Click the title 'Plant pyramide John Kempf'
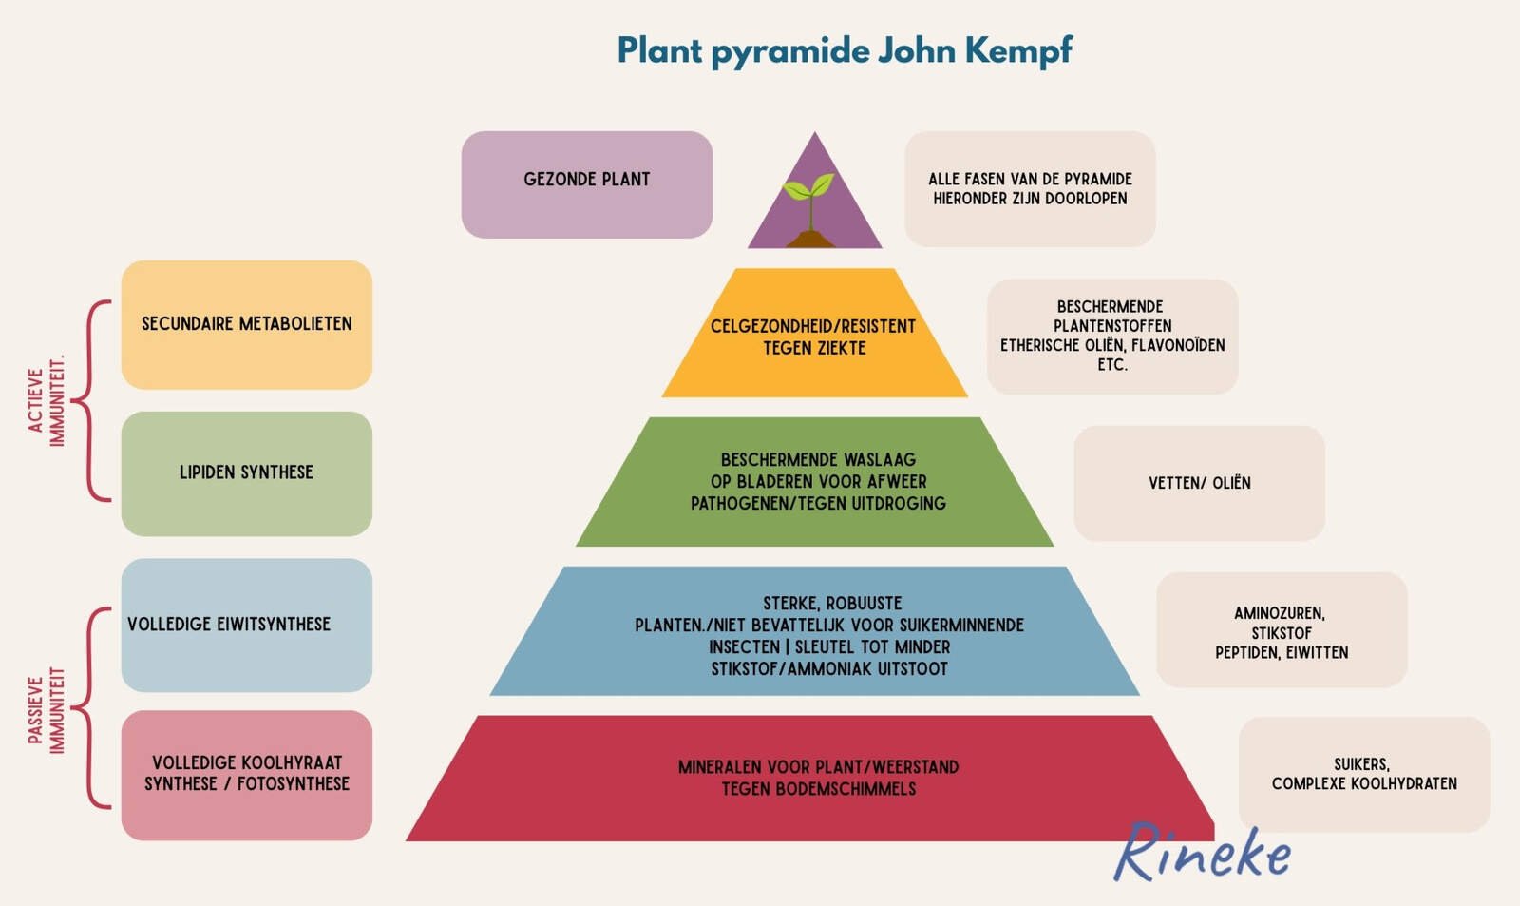[x=845, y=50]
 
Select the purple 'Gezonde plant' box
[x=587, y=184]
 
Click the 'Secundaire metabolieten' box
[x=247, y=324]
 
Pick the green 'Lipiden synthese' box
[x=247, y=473]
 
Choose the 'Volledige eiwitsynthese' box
[x=247, y=625]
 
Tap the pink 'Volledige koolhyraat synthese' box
[x=247, y=774]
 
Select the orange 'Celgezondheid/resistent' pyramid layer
[x=815, y=337]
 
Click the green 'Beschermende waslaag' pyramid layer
[x=817, y=482]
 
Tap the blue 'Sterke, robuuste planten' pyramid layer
[x=817, y=634]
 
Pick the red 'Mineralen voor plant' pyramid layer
[x=817, y=778]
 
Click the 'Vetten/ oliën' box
[x=1199, y=483]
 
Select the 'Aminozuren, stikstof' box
[x=1282, y=630]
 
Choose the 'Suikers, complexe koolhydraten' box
[x=1363, y=774]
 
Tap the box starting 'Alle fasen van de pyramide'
[x=1030, y=188]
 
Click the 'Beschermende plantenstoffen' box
[x=1112, y=336]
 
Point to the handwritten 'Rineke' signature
[x=1203, y=853]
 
